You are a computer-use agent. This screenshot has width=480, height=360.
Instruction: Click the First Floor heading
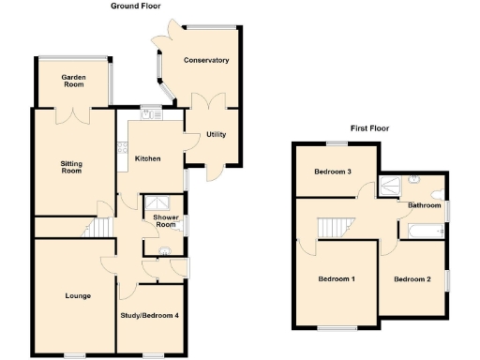coord(369,128)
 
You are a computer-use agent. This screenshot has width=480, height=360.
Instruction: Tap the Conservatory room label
coord(206,60)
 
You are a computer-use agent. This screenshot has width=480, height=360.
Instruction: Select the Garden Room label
coord(74,81)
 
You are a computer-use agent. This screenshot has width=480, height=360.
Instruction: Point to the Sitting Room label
coord(72,168)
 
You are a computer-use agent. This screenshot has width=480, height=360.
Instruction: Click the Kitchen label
coord(148,159)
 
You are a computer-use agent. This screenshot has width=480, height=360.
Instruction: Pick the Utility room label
coord(217,135)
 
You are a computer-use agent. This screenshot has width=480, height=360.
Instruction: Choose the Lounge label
coord(78,296)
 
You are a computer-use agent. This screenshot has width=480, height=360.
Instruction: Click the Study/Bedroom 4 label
coord(150,315)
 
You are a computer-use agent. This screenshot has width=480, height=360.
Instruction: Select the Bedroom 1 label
coord(337,279)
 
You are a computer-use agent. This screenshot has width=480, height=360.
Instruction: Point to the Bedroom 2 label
coord(412,279)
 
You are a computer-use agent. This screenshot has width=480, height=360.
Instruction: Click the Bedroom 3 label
coord(333,172)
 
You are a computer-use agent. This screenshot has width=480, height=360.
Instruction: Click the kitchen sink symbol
coord(150,113)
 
